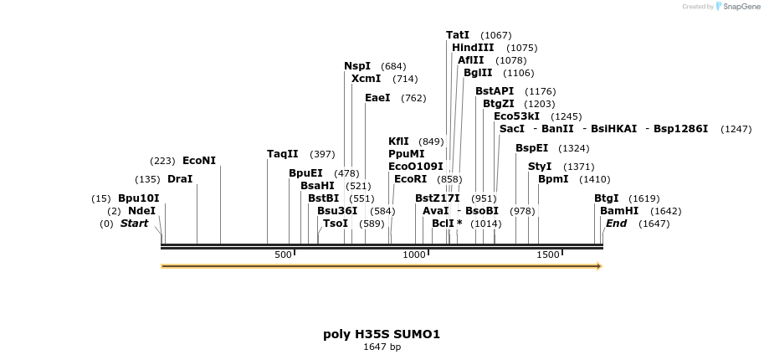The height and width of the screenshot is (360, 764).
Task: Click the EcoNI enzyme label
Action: (x=198, y=161)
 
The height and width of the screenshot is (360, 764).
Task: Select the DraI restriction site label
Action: (x=179, y=179)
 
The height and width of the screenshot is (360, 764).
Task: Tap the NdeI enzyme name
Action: (x=141, y=211)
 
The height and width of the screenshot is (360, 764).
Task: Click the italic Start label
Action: (x=134, y=224)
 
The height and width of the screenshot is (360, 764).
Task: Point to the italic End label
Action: (x=616, y=224)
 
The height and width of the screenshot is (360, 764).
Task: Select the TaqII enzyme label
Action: (x=282, y=154)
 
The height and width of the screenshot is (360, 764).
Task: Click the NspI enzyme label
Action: (x=357, y=66)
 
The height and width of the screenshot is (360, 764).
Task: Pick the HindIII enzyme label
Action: (x=473, y=48)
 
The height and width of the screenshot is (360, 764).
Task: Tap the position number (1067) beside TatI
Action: (x=495, y=35)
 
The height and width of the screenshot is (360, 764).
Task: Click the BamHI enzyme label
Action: (x=619, y=211)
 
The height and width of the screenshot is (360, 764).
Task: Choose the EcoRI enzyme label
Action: (x=410, y=179)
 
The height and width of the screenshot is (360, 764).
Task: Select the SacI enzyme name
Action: (x=511, y=129)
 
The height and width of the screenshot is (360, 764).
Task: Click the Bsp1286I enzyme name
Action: (x=680, y=129)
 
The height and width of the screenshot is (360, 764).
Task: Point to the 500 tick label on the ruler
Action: (x=283, y=255)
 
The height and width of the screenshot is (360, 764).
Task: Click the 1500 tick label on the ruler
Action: (x=547, y=255)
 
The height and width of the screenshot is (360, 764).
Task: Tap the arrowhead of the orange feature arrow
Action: (x=598, y=266)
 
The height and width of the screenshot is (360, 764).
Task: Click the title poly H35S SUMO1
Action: (x=382, y=334)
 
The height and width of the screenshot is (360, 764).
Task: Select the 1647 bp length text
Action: (x=382, y=347)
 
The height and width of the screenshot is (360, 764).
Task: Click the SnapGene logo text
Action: (x=741, y=7)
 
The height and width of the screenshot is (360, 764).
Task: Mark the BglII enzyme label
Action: (x=478, y=73)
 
